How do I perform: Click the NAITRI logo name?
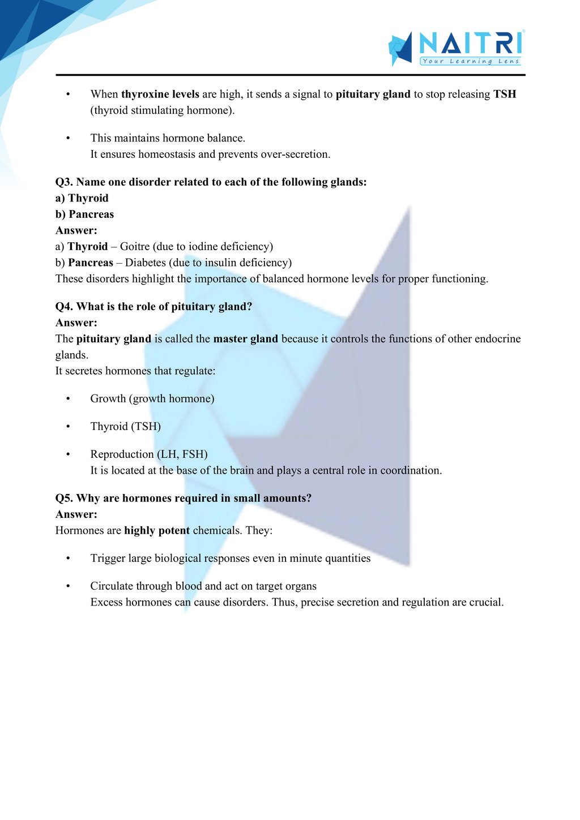470,43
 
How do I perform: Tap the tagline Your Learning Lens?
470,61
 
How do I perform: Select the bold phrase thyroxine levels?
160,94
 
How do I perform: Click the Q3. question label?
64,182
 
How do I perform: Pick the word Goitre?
134,246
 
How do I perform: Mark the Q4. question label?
64,306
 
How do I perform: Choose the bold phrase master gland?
245,338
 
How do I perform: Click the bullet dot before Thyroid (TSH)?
68,426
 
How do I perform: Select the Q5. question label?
64,498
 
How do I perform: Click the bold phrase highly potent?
157,530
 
